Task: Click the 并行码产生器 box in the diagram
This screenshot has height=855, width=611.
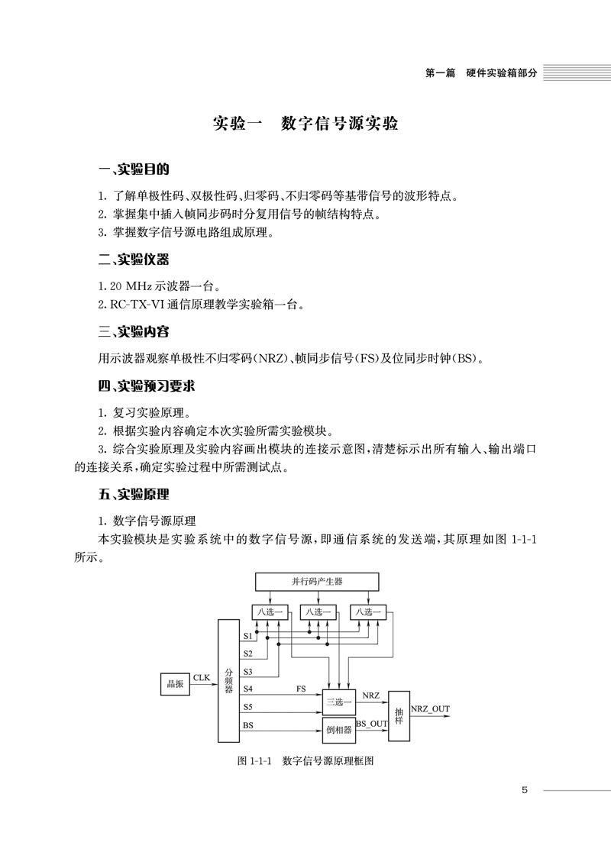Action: tap(316, 581)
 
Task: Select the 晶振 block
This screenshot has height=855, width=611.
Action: tap(175, 684)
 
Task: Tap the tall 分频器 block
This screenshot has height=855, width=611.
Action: tap(228, 681)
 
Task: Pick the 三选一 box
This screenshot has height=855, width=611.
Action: tap(339, 701)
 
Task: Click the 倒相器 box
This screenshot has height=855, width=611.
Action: tap(338, 730)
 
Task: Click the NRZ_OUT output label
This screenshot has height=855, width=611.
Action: tap(430, 708)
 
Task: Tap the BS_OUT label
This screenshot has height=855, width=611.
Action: tap(372, 722)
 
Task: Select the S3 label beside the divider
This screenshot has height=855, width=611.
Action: tap(247, 672)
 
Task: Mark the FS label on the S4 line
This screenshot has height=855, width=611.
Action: tap(302, 689)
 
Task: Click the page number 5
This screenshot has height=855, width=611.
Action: tap(525, 790)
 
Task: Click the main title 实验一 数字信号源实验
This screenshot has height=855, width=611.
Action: tap(305, 124)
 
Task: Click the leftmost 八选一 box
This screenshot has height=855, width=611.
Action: tap(268, 611)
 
